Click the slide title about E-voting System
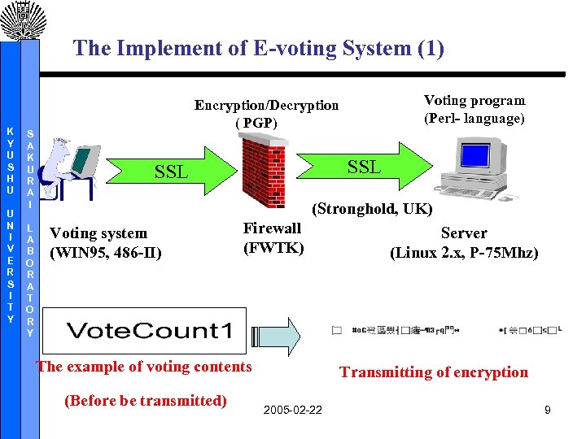(x=259, y=48)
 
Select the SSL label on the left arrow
(x=171, y=172)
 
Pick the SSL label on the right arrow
(x=364, y=167)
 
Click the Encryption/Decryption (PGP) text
(x=266, y=114)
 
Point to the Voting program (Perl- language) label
(x=474, y=109)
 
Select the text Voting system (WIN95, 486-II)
(x=106, y=242)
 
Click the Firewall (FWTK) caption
(x=273, y=237)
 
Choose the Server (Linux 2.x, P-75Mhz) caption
(x=464, y=243)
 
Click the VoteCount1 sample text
(x=150, y=331)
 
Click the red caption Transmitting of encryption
(x=433, y=372)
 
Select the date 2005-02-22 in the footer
(x=292, y=410)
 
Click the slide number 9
(x=547, y=410)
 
